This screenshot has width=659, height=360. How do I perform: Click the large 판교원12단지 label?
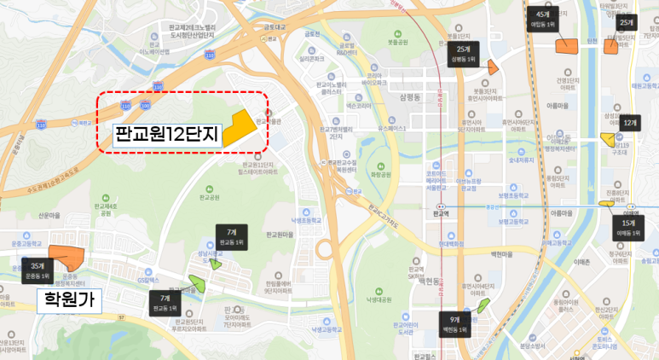[x=166, y=134]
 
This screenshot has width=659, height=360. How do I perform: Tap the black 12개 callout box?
[x=630, y=124]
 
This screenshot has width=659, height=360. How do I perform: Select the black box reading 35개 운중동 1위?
[x=37, y=270]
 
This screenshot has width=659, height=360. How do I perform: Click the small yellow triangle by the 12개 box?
[x=607, y=137]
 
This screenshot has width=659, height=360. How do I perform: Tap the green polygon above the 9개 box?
[x=484, y=305]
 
